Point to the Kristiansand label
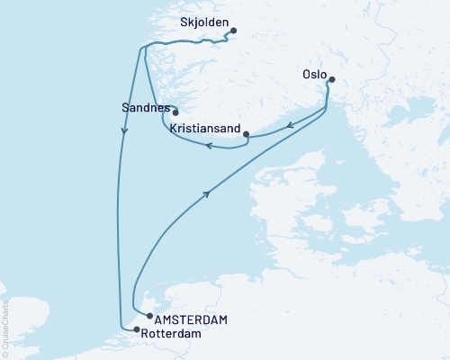pos(203,130)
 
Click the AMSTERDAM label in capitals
pos(191,319)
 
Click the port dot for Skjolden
pos(233,31)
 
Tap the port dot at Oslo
pos(330,79)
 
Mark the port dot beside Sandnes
pos(164,112)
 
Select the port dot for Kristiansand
pos(247,134)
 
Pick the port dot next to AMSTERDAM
pos(148,317)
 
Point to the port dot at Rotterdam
pos(137,330)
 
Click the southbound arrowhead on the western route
pos(124,131)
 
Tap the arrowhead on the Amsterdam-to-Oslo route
pos(209,193)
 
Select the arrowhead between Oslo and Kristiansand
pos(290,126)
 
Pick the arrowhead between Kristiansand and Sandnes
pos(207,145)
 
